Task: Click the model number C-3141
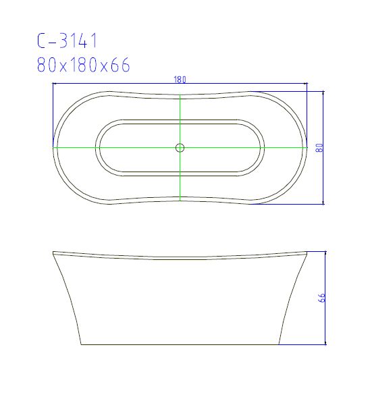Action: click(68, 41)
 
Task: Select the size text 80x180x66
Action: click(84, 65)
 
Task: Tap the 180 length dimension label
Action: click(180, 80)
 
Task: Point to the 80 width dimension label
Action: click(319, 148)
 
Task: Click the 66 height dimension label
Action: click(321, 298)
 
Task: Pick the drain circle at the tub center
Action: click(180, 148)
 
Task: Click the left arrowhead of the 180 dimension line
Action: click(54, 84)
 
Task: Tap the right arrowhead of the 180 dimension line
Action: click(305, 84)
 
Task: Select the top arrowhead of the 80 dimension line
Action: click(323, 93)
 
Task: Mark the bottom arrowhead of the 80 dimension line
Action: click(323, 203)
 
